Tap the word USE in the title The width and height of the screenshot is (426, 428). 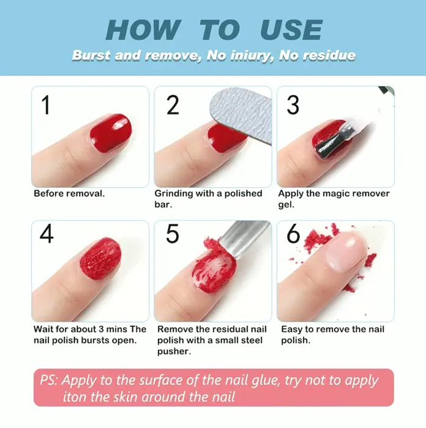point(291,29)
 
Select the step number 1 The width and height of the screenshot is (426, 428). point(45,105)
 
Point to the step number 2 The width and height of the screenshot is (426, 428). point(173,105)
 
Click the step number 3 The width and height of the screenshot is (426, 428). point(293,105)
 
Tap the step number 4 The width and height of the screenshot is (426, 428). point(47,234)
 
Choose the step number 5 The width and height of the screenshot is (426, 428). point(173,234)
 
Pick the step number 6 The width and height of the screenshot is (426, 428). point(293,234)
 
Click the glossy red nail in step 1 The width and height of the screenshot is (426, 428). point(111,133)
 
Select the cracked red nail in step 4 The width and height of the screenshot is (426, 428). point(100,258)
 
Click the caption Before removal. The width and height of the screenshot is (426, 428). point(69,194)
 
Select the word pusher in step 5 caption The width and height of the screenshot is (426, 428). point(174,352)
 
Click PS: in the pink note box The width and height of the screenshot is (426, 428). point(49,380)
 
